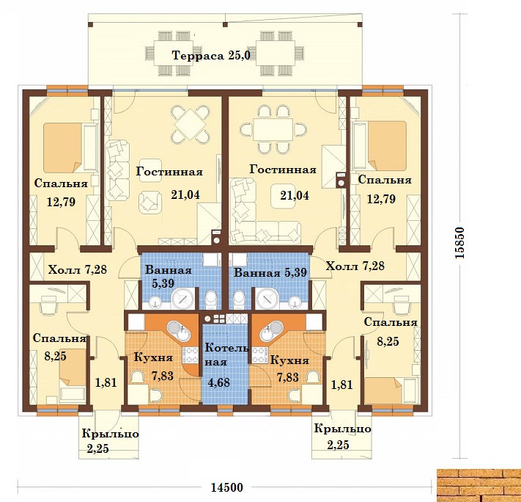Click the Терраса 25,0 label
pyautogui.click(x=211, y=55)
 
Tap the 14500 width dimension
pyautogui.click(x=227, y=487)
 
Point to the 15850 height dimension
pyautogui.click(x=459, y=243)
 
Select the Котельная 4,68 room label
pyautogui.click(x=226, y=365)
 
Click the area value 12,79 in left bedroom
pyautogui.click(x=61, y=202)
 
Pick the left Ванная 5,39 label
pyautogui.click(x=168, y=276)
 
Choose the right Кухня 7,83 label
pyautogui.click(x=289, y=368)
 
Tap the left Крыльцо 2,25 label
pyautogui.click(x=110, y=441)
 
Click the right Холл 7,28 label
pyautogui.click(x=355, y=266)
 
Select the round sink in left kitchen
pyautogui.click(x=179, y=330)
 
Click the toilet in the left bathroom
pyautogui.click(x=210, y=299)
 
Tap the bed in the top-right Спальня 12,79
pyautogui.click(x=380, y=146)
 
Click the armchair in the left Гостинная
pyautogui.click(x=150, y=202)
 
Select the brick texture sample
pyautogui.click(x=478, y=485)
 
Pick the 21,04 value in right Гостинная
pyautogui.click(x=295, y=195)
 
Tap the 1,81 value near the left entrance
pyautogui.click(x=106, y=382)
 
